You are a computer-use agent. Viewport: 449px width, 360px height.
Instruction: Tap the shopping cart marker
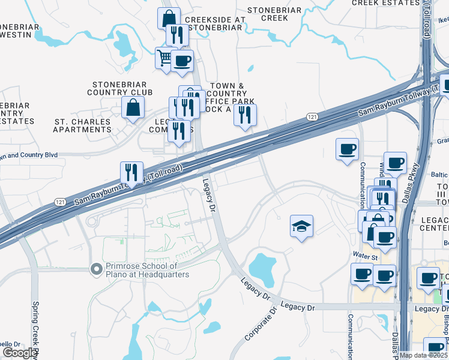click(165, 58)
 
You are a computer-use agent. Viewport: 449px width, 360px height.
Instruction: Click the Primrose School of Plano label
click(147, 270)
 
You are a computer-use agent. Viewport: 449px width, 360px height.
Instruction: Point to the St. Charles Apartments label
click(83, 125)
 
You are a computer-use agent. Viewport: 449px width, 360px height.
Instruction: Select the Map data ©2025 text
click(424, 355)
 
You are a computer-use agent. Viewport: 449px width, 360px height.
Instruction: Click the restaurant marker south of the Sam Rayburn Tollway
click(131, 172)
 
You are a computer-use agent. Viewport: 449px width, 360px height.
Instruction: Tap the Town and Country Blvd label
click(29, 155)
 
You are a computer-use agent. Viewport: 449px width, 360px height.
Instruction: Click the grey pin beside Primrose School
click(95, 270)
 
